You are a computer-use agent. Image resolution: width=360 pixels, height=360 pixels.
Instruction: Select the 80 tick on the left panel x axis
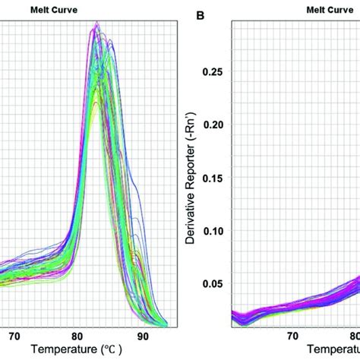[x=77, y=334]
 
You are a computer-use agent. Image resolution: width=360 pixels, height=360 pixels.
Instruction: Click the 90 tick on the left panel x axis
[x=141, y=334]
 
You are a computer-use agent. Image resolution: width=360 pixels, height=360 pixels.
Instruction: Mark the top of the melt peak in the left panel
[x=96, y=24]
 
